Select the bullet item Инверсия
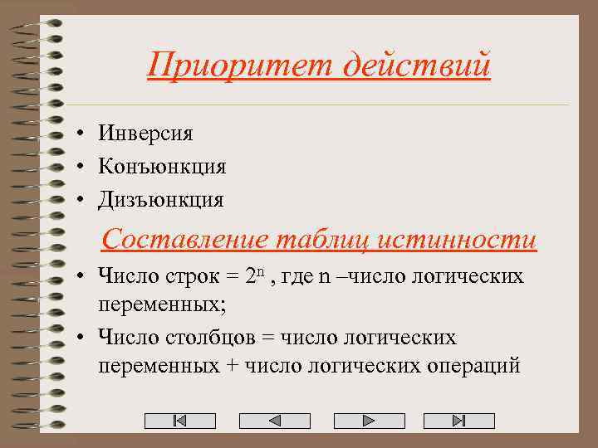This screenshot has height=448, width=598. point(145,133)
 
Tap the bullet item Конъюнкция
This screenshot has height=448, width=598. point(161,166)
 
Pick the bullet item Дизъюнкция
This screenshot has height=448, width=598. point(160,199)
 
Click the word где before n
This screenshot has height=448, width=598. point(298,275)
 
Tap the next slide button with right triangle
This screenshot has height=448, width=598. point(366,421)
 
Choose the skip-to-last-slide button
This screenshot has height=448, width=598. point(458,421)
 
